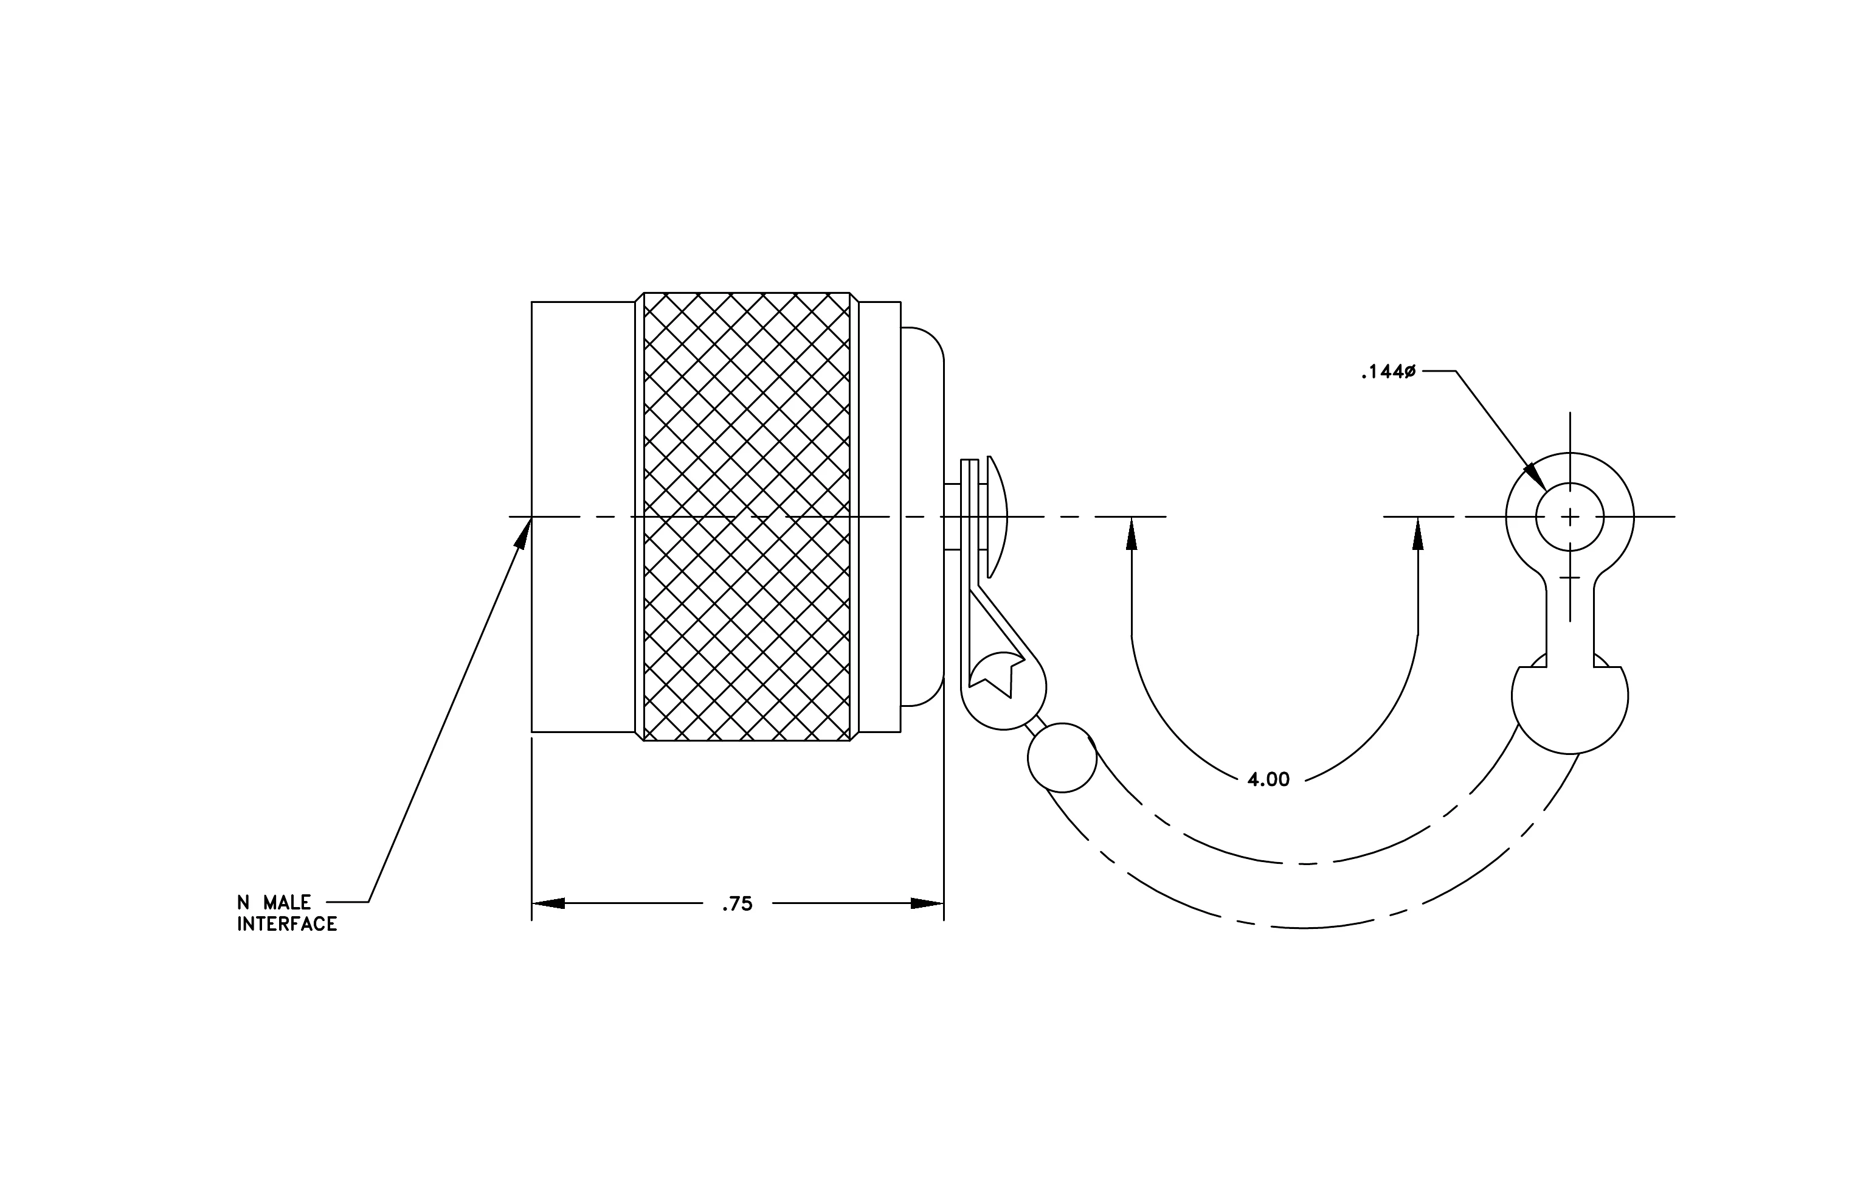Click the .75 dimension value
737,904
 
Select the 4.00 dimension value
1268,780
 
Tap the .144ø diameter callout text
1388,372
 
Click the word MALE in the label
287,902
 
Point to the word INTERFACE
287,924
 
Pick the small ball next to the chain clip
1062,757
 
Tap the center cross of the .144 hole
1570,516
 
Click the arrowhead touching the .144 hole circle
1535,476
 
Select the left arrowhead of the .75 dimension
548,903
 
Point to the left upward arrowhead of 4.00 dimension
1132,534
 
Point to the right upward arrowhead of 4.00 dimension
1418,534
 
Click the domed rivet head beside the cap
998,517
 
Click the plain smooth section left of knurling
582,516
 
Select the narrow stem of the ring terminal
1570,628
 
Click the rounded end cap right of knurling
923,516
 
